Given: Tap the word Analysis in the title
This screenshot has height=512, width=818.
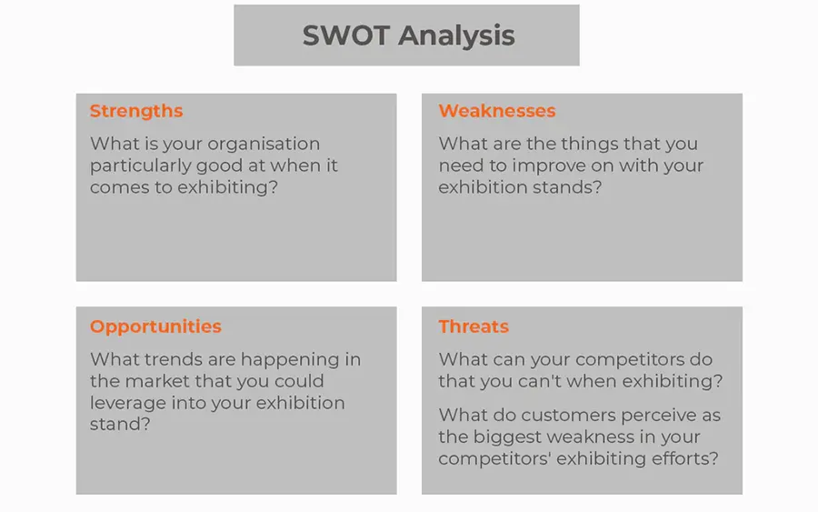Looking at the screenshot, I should point(456,36).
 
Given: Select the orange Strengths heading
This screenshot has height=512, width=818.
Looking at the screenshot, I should point(136,111).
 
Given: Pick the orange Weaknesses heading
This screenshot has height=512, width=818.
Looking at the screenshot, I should point(497,111).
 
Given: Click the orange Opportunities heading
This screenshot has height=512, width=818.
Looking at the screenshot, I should point(155,326).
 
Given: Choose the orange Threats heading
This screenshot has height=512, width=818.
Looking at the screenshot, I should point(474,326).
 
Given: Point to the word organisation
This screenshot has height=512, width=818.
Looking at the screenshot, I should point(264,144).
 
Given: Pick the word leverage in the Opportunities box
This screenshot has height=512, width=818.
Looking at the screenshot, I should point(127,403).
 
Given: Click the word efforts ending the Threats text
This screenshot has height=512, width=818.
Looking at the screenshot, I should point(687,458).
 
